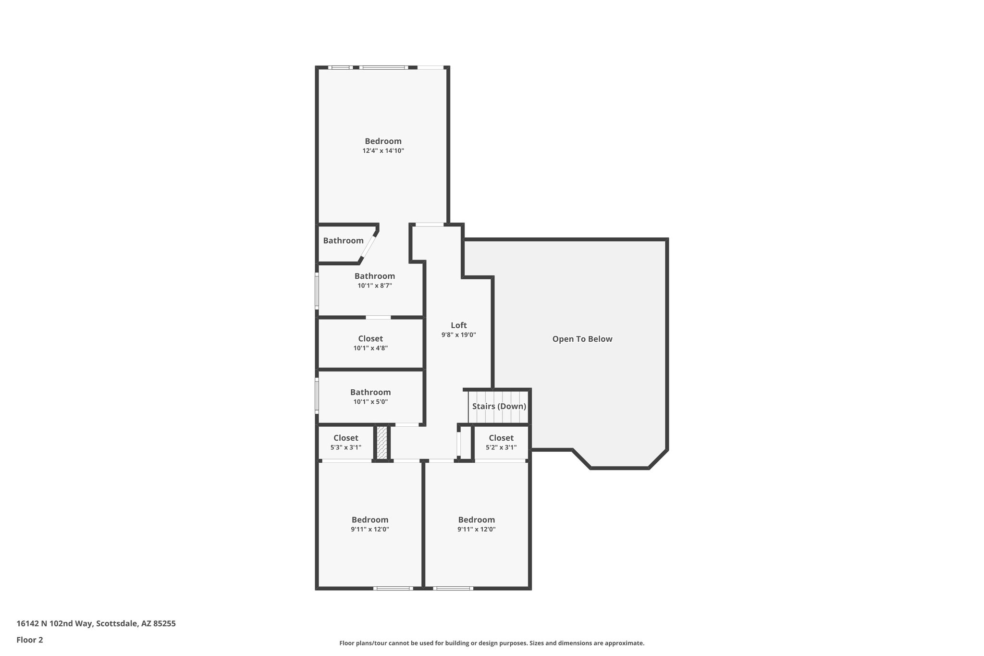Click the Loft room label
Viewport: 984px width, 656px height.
pos(458,325)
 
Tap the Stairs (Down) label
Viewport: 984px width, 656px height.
pos(499,406)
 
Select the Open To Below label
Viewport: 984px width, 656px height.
pos(582,339)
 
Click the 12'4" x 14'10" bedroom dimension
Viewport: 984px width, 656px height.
pos(383,151)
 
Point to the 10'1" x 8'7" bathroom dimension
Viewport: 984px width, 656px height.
pos(374,285)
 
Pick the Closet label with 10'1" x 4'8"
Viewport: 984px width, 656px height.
pos(370,339)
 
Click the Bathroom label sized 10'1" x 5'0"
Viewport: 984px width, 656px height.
pos(370,392)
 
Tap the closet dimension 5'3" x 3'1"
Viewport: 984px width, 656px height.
pos(345,447)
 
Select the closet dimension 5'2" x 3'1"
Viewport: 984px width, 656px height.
pos(501,447)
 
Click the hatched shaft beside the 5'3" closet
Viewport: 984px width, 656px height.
pos(381,442)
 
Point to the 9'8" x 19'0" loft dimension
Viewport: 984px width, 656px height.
pos(458,335)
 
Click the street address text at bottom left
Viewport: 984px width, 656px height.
pos(96,624)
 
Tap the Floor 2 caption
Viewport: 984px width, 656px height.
pos(30,640)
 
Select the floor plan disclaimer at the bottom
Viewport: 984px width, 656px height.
pos(492,643)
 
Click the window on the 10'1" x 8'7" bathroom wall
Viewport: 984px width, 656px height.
pos(317,291)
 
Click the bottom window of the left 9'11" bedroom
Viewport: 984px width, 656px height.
pos(393,588)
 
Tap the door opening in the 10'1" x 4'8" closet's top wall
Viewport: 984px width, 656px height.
pos(378,317)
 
